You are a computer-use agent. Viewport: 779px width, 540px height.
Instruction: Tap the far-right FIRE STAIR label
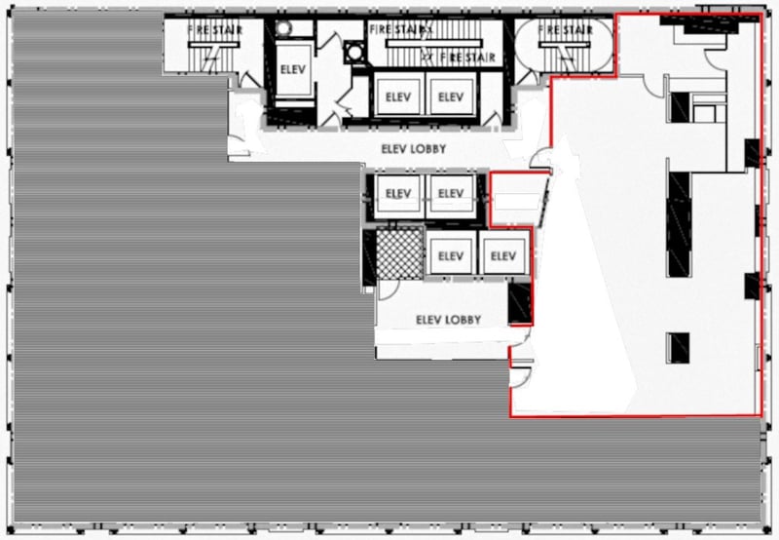click(565, 30)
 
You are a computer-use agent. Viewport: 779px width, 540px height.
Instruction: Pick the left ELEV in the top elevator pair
click(397, 96)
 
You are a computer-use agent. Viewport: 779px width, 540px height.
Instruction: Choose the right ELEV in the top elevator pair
click(450, 96)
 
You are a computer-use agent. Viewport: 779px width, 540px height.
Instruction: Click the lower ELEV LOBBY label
click(448, 320)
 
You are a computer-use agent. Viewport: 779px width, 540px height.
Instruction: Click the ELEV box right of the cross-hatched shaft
click(450, 256)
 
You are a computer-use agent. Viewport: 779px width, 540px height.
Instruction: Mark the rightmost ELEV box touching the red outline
click(502, 256)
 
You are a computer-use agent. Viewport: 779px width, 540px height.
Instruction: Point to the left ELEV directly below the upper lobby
click(397, 194)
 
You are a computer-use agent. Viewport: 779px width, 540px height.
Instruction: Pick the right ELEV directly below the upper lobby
click(450, 194)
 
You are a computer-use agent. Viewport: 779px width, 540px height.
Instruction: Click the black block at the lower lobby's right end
click(520, 302)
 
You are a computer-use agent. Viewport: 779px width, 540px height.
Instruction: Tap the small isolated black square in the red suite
click(679, 347)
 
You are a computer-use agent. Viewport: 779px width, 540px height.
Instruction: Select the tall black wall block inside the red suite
click(679, 222)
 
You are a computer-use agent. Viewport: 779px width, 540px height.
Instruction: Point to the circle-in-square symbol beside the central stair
click(352, 49)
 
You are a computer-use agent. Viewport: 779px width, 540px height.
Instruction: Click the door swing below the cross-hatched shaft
click(388, 289)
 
